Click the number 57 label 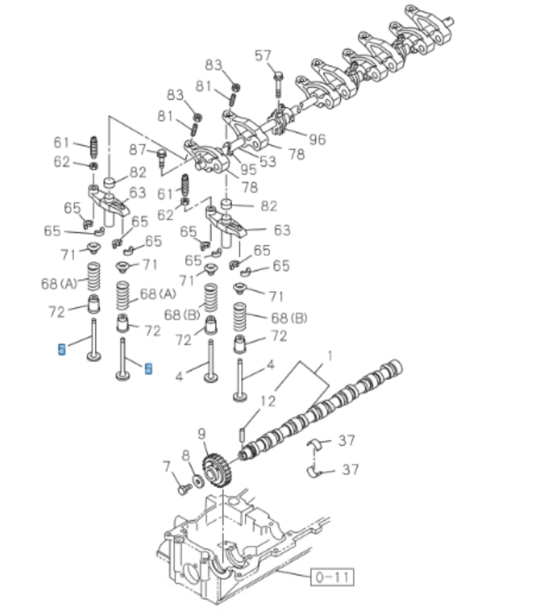(262, 55)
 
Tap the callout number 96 (317, 139)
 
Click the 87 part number (138, 150)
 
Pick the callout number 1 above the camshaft (330, 355)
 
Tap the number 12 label (268, 402)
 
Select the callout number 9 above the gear (202, 434)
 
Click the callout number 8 (185, 455)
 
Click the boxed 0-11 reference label (332, 577)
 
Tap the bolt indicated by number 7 (181, 489)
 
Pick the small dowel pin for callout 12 (241, 435)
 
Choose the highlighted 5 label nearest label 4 (148, 368)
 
